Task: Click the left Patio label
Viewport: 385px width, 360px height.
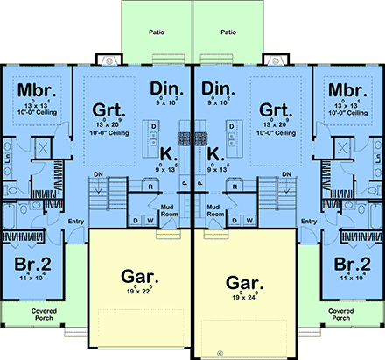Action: (157, 32)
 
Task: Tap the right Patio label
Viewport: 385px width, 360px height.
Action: (229, 32)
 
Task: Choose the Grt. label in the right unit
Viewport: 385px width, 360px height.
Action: (274, 111)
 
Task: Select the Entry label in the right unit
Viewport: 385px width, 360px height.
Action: (309, 222)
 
